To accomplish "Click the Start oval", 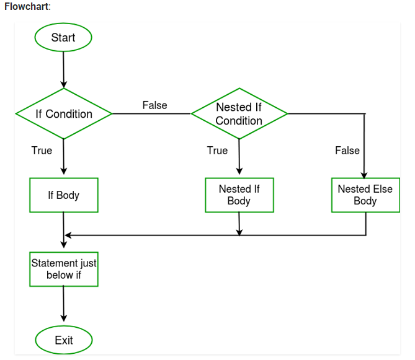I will pos(63,38).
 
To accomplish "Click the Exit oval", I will pos(63,340).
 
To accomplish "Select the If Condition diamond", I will pos(64,114).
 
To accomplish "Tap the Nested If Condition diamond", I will pos(239,114).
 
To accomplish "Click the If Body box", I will pos(64,195).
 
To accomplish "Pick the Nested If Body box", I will pos(239,195).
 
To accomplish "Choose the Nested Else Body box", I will pos(365,195).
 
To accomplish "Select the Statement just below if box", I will pos(64,269).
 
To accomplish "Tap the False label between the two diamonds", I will pos(154,105).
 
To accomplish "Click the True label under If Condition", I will pos(42,151).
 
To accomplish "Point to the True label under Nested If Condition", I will pos(217,151).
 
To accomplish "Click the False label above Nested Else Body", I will pos(347,151).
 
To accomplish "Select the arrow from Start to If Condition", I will pos(63,68).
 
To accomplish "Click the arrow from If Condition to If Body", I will pos(64,158).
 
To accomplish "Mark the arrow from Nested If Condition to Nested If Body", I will pos(239,158).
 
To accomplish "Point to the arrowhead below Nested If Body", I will pos(239,232).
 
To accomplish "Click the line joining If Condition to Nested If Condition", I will pos(151,114).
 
